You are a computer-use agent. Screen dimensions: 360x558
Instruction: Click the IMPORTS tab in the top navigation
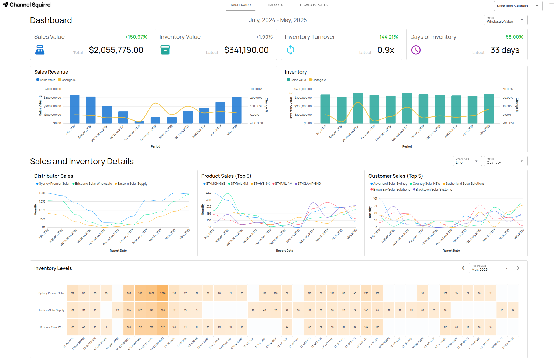[x=275, y=5]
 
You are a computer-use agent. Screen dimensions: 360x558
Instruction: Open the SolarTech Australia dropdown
[x=518, y=6]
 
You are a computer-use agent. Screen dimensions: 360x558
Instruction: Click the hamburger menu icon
[x=552, y=5]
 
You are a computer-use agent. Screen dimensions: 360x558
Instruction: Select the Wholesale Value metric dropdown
[x=505, y=20]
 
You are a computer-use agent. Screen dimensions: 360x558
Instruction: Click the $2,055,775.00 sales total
[x=116, y=50]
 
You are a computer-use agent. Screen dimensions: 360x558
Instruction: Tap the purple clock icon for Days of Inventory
[x=416, y=50]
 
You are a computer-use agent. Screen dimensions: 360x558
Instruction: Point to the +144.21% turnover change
[x=387, y=37]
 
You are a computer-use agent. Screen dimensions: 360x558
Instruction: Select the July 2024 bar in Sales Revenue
[x=74, y=109]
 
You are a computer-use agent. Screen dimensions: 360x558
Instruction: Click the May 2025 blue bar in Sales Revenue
[x=236, y=110]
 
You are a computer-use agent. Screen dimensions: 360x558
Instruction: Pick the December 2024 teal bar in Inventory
[x=407, y=108]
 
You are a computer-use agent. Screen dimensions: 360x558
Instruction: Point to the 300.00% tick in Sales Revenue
[x=256, y=89]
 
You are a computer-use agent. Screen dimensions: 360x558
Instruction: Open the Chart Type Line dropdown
[x=467, y=161]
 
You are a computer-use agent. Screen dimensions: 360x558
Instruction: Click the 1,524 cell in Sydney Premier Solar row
[x=163, y=293]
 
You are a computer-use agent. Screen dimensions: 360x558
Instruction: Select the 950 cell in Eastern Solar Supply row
[x=163, y=310]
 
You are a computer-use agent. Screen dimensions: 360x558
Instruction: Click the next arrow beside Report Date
[x=518, y=268]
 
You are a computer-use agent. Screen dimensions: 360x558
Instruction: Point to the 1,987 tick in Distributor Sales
[x=42, y=193]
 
